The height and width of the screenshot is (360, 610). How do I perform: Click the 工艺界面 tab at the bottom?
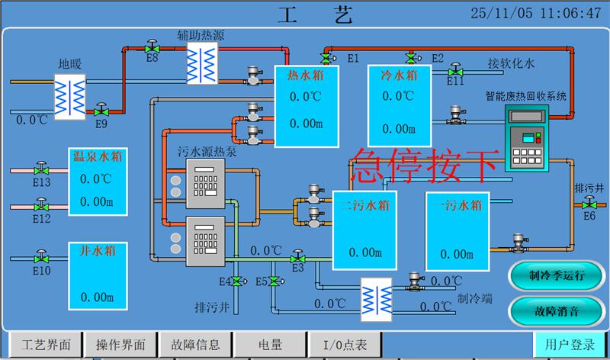point(47,345)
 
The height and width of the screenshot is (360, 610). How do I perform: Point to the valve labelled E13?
point(42,169)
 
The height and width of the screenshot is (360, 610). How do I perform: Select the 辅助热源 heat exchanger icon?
point(203,59)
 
